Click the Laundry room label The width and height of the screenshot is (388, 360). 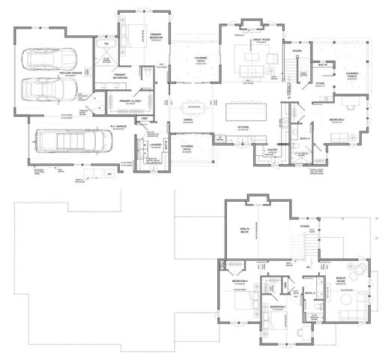157,144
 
